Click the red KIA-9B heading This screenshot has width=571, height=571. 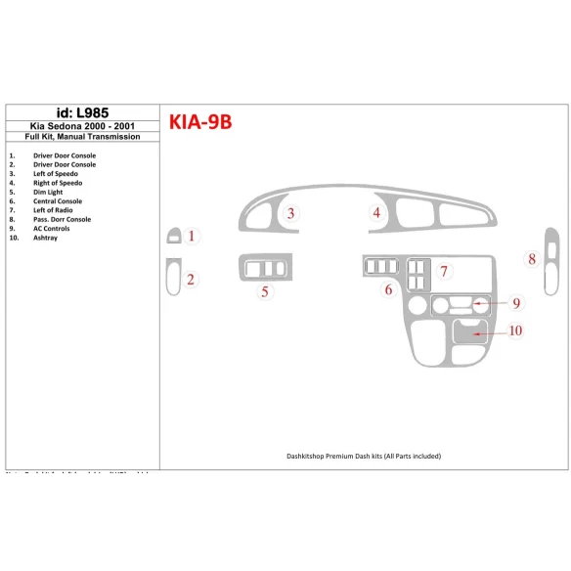pyautogui.click(x=199, y=122)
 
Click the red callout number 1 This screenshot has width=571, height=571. pyautogui.click(x=192, y=236)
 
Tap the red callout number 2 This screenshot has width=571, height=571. pyautogui.click(x=191, y=280)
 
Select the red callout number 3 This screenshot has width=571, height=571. pyautogui.click(x=290, y=213)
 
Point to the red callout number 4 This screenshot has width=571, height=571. pyautogui.click(x=375, y=213)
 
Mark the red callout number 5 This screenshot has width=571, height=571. pyautogui.click(x=264, y=290)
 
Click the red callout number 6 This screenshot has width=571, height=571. pyautogui.click(x=388, y=289)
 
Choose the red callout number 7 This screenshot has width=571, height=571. pyautogui.click(x=443, y=271)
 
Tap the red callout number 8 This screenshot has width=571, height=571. pyautogui.click(x=532, y=259)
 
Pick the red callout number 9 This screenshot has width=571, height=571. pyautogui.click(x=515, y=304)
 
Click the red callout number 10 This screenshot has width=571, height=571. pyautogui.click(x=515, y=331)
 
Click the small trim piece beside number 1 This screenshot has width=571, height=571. pyautogui.click(x=173, y=236)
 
